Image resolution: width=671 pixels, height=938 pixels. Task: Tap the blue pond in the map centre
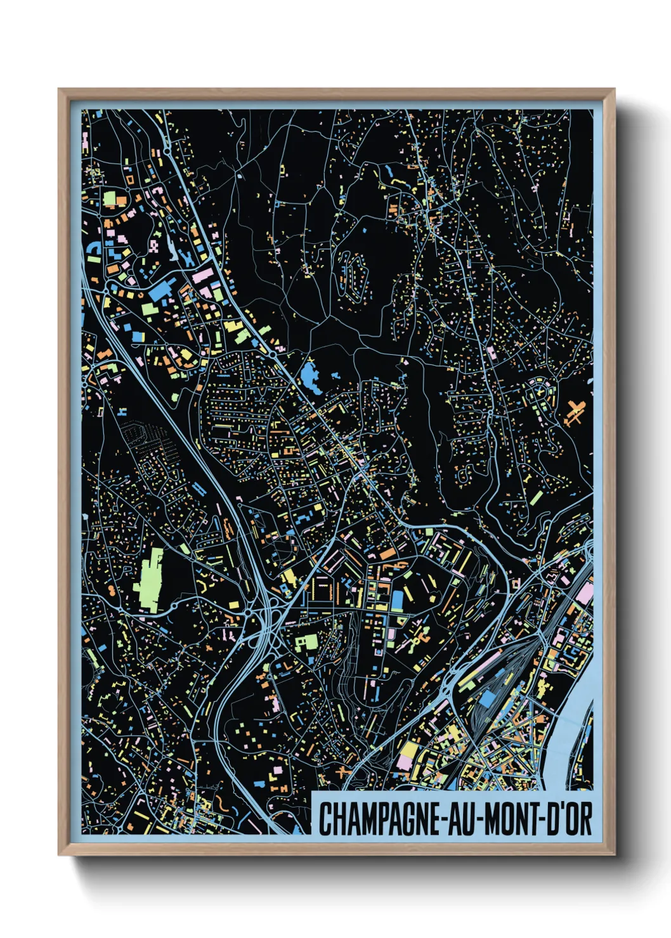(x=310, y=377)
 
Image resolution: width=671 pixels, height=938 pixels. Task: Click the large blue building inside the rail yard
(x=487, y=699)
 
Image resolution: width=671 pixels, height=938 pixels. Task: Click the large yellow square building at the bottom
(x=408, y=753)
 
